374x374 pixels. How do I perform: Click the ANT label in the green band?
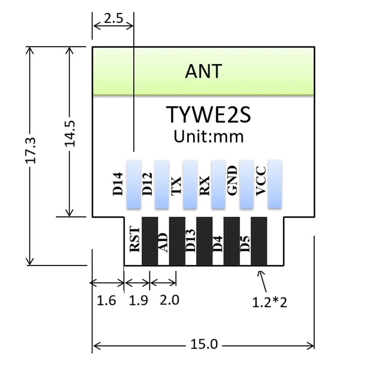click(203, 71)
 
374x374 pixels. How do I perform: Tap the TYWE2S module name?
click(208, 114)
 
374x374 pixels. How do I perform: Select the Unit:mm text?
click(208, 136)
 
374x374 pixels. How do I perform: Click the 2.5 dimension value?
click(113, 19)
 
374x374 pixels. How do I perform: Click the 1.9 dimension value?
click(138, 300)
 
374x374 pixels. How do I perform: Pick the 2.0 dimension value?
click(169, 300)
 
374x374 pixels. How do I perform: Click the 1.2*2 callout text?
click(269, 302)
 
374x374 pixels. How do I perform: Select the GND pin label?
click(232, 181)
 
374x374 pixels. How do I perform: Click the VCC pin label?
click(261, 181)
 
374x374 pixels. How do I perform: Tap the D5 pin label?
click(245, 243)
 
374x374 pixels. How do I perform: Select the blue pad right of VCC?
click(275, 184)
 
